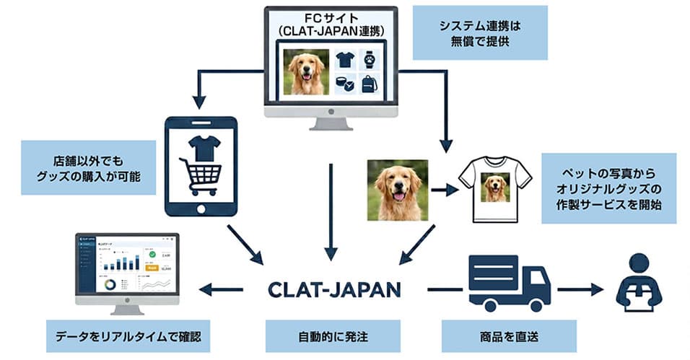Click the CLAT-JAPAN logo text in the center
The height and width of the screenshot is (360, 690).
coord(333,289)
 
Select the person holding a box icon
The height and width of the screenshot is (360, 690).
coord(638,283)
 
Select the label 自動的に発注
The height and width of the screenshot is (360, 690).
coord(333,336)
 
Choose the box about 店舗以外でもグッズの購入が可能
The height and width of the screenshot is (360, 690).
coord(89,167)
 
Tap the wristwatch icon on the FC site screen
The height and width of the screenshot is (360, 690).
coord(369,60)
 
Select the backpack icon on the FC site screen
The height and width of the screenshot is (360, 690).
coord(369,84)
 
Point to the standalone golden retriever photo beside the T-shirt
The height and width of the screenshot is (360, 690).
coord(397,190)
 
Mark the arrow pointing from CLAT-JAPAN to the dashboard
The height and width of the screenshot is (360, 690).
coord(221,289)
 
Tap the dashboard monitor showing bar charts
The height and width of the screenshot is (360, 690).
coord(127,268)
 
